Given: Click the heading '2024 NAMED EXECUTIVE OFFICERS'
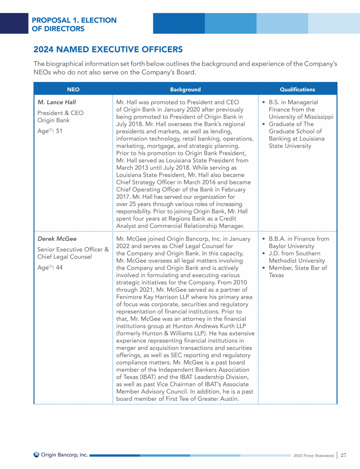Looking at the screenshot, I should [x=108, y=49].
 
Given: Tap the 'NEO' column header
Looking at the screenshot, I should [x=73, y=89].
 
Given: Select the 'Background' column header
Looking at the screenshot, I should [x=185, y=89].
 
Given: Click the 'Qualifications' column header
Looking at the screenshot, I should [x=297, y=89].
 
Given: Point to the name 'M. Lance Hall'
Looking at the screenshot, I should [x=57, y=102].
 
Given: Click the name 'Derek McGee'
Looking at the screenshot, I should [x=57, y=239].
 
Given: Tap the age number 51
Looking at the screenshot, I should [x=59, y=131].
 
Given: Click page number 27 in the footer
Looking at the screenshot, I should [x=344, y=455].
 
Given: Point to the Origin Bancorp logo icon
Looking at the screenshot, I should [x=36, y=454].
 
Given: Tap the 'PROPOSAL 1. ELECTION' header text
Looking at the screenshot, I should [x=74, y=20].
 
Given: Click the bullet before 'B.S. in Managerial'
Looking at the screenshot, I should [x=264, y=102].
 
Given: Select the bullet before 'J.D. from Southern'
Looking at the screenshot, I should [x=264, y=253].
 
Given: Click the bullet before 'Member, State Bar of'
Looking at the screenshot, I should [x=264, y=268].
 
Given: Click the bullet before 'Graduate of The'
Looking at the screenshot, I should [x=264, y=124].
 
